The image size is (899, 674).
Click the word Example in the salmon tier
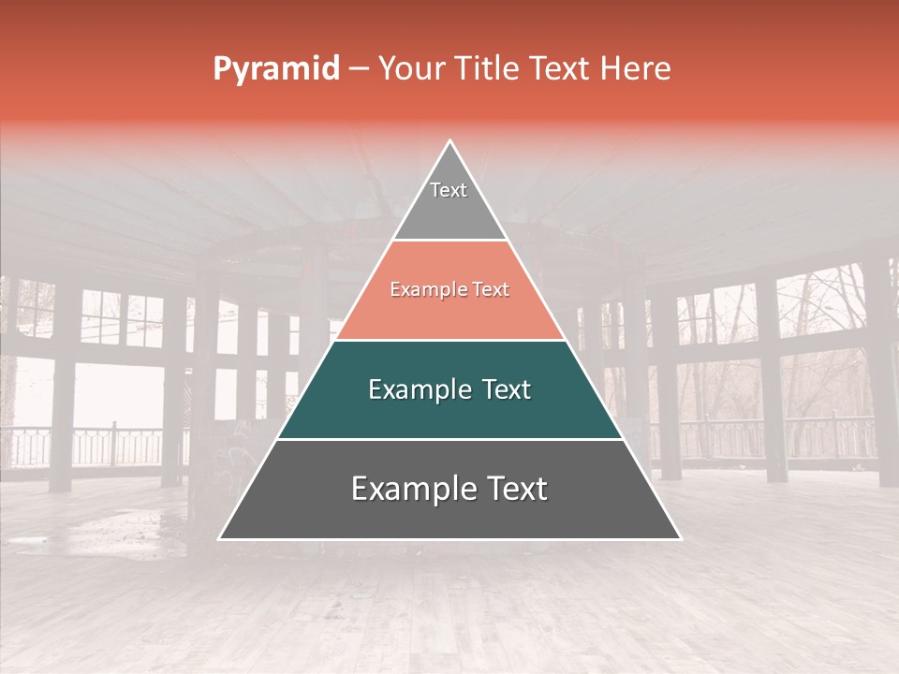[423, 290]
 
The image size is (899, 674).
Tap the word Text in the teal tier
[506, 389]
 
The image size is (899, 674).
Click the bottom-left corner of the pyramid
[220, 538]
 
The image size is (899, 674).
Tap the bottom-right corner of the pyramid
[680, 538]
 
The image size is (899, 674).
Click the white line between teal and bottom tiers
[449, 439]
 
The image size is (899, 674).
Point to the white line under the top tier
[449, 241]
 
